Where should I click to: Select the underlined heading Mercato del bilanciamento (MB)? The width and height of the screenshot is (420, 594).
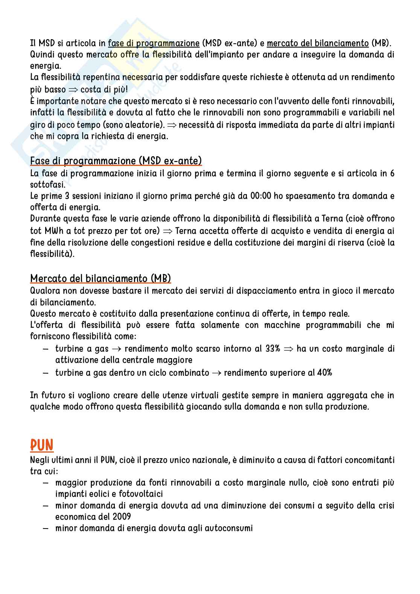click(100, 279)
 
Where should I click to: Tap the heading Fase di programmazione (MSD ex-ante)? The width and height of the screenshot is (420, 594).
click(116, 161)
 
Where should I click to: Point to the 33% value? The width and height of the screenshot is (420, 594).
click(272, 349)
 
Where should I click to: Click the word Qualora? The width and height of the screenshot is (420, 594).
click(45, 291)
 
